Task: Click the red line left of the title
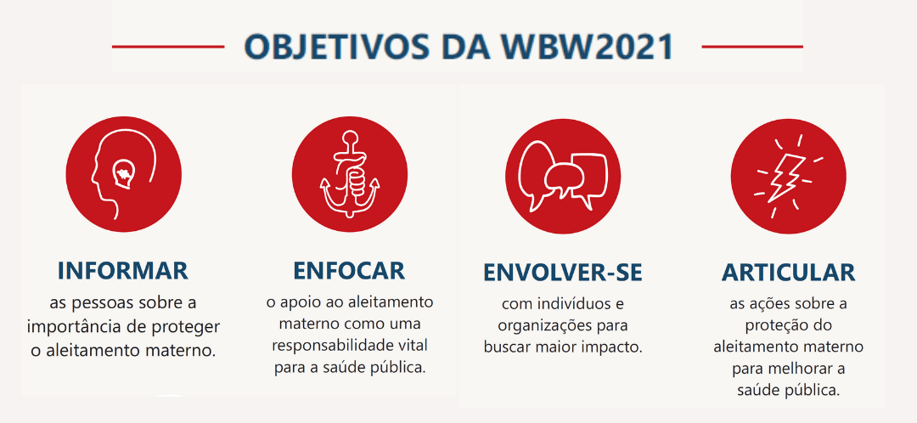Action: (168, 46)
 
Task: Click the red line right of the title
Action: (752, 46)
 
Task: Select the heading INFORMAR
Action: (123, 271)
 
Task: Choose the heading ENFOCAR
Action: (349, 271)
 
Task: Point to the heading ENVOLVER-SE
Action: (563, 273)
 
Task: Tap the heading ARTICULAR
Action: (788, 273)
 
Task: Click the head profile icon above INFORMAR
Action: (123, 174)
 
